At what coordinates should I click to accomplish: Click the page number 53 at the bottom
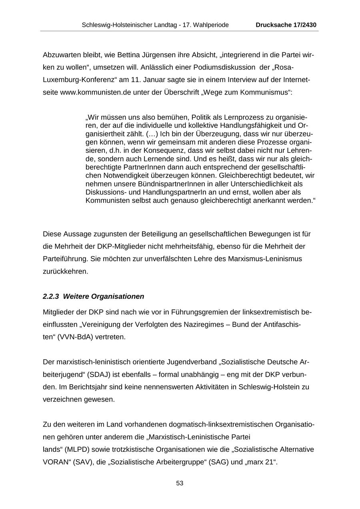pos(180,483)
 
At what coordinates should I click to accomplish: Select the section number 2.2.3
pos(51,297)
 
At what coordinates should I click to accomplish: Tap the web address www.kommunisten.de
pos(96,92)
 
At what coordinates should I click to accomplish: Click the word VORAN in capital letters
pos(54,462)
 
